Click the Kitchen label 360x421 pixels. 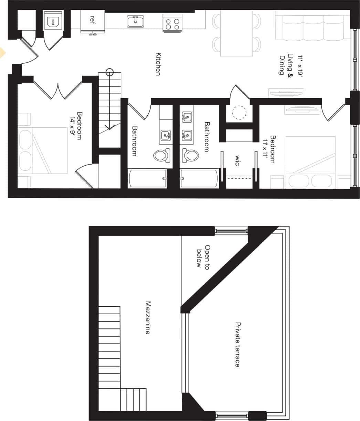(158, 64)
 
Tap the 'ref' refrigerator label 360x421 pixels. (92, 18)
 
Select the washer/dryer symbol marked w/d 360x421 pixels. (53, 21)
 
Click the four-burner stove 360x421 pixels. (172, 23)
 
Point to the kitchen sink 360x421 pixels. (136, 22)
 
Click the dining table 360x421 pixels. (236, 33)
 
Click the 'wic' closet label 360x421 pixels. (237, 160)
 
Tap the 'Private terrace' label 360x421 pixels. (237, 344)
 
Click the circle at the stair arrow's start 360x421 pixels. (109, 73)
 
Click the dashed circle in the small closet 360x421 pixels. (239, 113)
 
